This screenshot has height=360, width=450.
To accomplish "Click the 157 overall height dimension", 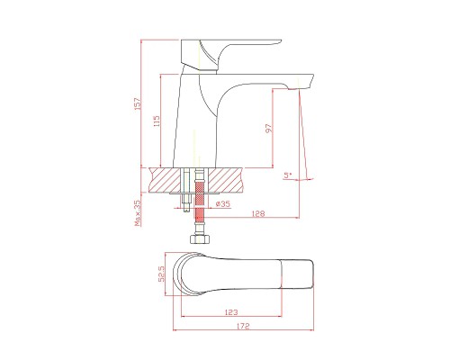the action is coord(138,103).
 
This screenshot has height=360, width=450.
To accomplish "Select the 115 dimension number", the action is coord(157,121).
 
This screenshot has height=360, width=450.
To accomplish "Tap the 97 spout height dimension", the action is coord(269,128).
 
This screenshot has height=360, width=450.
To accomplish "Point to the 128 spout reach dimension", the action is coord(258,213).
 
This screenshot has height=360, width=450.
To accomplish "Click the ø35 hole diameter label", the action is coord(222,204).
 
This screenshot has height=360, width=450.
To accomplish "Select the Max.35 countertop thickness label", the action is coord(138,213).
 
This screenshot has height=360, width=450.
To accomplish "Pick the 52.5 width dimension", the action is coord(161,274).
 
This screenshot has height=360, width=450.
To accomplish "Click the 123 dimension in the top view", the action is coord(231,312).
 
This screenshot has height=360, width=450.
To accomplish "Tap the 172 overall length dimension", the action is coord(243,326).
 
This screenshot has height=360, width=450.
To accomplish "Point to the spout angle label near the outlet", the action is coord(288,175).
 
